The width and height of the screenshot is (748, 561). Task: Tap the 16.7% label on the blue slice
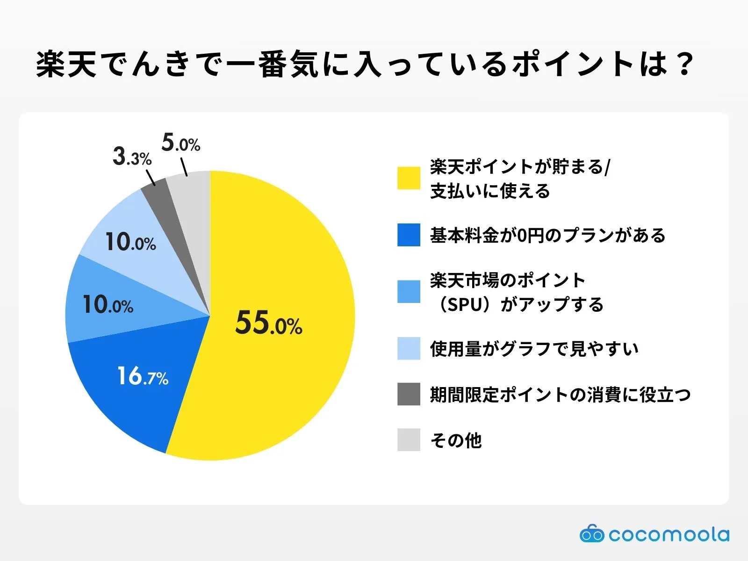coord(143,376)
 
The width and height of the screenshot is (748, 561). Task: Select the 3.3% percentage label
coord(132,157)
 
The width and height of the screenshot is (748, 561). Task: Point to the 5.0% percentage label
coord(181,143)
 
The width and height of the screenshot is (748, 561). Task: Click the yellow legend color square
coord(409,178)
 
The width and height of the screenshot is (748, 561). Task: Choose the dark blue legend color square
coord(409,235)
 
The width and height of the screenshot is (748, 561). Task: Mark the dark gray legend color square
coord(409,395)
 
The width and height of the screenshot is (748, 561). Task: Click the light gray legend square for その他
coord(409,440)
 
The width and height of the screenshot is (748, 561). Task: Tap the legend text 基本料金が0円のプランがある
coord(547,235)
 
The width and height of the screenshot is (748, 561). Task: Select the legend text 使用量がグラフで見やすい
coord(534,349)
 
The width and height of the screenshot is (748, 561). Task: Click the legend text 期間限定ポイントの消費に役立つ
coord(560,395)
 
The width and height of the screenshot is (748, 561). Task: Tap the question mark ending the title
coord(685,64)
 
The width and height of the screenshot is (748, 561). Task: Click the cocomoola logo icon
coord(591,534)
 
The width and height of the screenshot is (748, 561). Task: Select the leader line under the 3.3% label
coord(151,178)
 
